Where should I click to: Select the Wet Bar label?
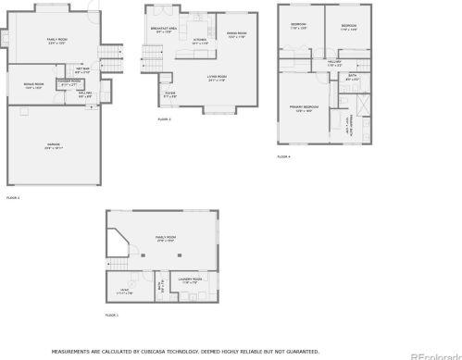(82, 70)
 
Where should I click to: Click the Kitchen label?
(200, 41)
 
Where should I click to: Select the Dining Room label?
(236, 34)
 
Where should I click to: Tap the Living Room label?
(217, 78)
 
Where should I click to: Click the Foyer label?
(170, 93)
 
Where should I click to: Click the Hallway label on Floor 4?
(334, 64)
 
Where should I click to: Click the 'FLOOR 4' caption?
(283, 156)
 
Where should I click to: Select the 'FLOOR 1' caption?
(112, 317)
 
